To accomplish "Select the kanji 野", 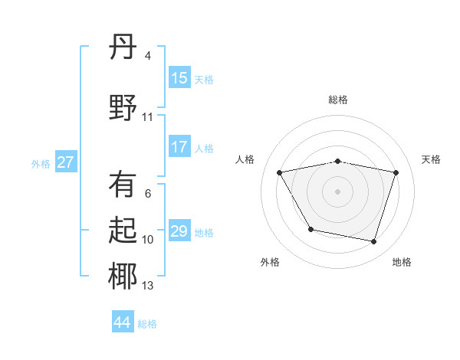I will click(x=123, y=107).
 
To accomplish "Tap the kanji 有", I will click(x=123, y=185).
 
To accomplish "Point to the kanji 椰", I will click(x=123, y=277).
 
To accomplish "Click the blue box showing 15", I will click(x=179, y=78).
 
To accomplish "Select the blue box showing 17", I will click(x=179, y=148).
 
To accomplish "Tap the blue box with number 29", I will click(x=179, y=231).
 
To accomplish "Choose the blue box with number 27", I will click(x=66, y=162).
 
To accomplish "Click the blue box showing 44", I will click(x=123, y=322).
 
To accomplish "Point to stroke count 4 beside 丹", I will click(x=147, y=56).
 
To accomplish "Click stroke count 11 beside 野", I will click(x=147, y=117).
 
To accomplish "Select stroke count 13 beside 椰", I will click(x=147, y=286).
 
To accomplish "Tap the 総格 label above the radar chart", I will click(x=338, y=100).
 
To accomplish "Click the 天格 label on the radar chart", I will click(x=431, y=159).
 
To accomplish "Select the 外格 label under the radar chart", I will click(x=270, y=262).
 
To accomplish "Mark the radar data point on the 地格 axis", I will click(x=374, y=242).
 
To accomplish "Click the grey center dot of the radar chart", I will click(x=337, y=191).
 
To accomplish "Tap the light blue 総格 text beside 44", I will click(x=147, y=324).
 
